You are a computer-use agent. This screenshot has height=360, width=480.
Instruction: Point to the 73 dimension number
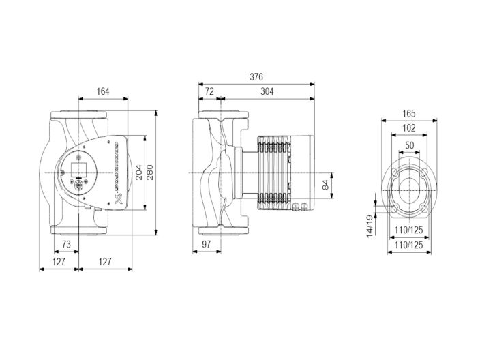click(x=67, y=243)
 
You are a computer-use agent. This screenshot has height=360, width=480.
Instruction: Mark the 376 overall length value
click(x=256, y=76)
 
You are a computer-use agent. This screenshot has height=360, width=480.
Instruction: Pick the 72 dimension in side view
click(x=209, y=91)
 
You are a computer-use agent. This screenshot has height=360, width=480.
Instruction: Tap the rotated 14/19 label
click(x=369, y=226)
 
